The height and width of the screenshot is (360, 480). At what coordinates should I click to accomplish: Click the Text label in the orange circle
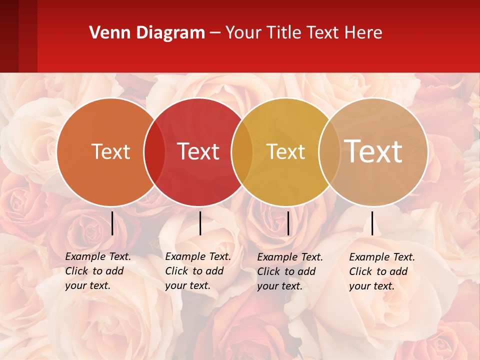[x=110, y=151]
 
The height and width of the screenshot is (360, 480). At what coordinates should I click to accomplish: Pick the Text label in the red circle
[x=198, y=151]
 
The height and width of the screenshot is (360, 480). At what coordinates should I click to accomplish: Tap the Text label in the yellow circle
[x=285, y=151]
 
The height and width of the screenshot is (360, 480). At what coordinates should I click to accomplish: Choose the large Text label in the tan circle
[x=373, y=151]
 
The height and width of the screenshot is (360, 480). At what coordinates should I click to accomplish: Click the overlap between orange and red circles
[x=154, y=152]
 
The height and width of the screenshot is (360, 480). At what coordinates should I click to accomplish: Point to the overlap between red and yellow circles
[x=242, y=152]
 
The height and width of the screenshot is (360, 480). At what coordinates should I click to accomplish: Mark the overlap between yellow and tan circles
[x=328, y=152]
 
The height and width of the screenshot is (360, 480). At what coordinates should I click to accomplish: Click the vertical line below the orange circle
[x=112, y=223]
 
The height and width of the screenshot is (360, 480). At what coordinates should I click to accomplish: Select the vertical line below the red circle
[x=200, y=223]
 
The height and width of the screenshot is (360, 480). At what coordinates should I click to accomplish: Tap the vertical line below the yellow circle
[x=288, y=223]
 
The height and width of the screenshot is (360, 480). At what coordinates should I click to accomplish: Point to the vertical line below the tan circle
[x=372, y=223]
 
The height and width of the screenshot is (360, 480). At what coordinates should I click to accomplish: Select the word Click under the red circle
[x=176, y=271]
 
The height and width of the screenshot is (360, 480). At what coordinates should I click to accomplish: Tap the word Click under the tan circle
[x=360, y=271]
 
